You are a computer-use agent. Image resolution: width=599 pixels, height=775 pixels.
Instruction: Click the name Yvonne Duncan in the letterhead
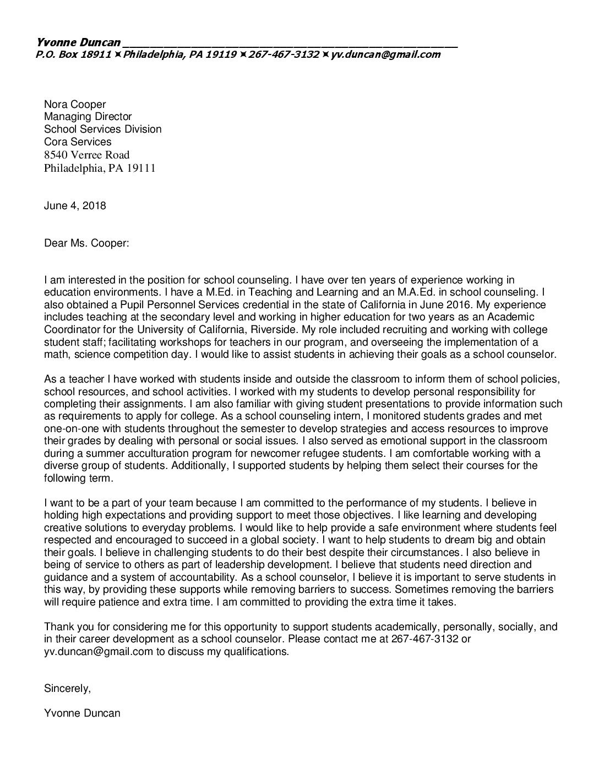78,42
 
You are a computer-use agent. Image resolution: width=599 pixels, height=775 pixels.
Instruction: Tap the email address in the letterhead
385,54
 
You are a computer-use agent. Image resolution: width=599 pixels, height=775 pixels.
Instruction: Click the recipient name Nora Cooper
75,104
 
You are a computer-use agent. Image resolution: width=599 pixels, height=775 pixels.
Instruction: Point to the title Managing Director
88,117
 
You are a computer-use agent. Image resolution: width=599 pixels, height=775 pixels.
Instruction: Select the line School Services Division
103,129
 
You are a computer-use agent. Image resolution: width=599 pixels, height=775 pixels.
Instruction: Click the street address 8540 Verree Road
87,155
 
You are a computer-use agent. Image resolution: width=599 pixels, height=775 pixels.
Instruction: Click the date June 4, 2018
75,206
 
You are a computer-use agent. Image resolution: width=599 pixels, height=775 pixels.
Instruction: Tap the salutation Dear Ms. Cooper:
86,243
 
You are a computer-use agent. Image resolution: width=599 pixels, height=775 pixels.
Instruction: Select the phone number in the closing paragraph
425,639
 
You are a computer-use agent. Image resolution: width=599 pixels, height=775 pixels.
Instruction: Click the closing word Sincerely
67,689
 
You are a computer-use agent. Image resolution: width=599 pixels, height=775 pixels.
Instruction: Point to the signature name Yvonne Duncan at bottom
82,713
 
